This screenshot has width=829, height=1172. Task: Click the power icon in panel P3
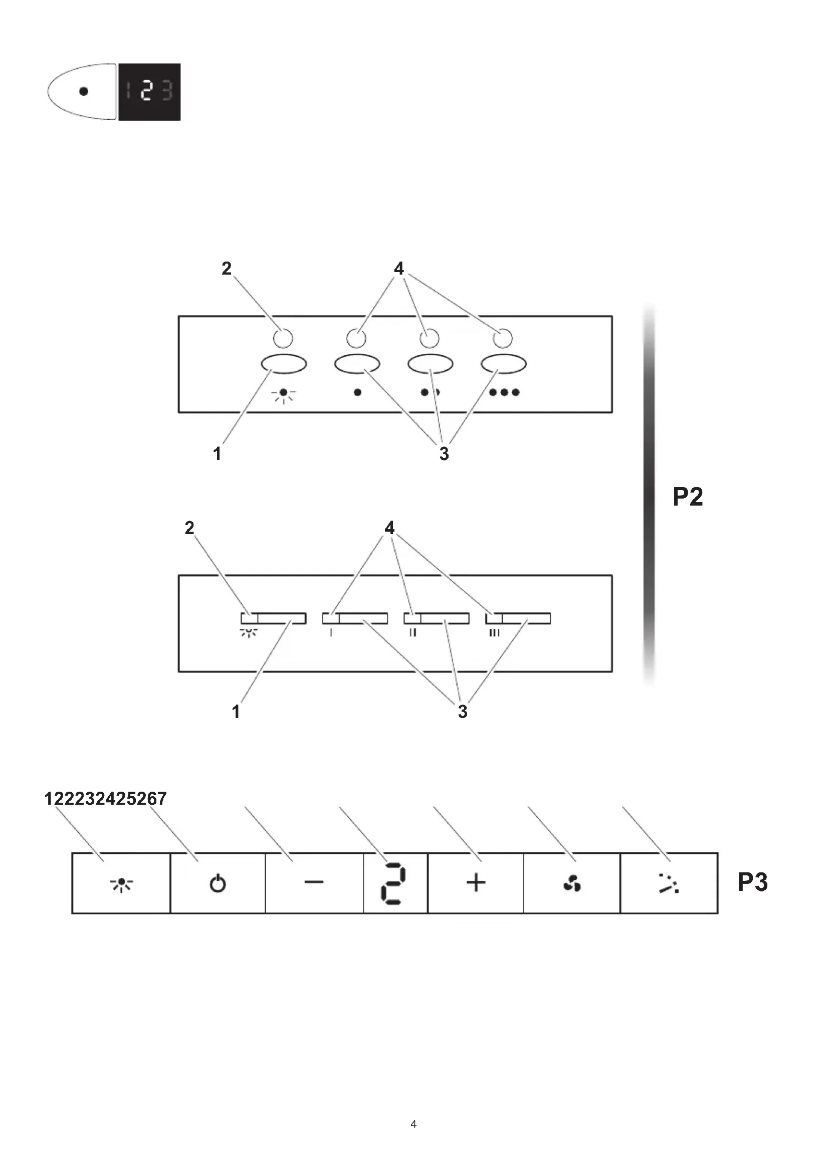tap(218, 883)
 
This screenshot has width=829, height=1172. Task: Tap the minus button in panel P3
tap(314, 882)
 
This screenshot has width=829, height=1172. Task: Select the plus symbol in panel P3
tap(476, 882)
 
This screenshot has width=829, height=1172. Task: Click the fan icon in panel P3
tap(572, 883)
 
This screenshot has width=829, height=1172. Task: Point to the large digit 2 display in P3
tap(393, 884)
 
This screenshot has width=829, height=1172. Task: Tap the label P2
tap(688, 497)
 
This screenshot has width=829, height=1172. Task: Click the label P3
tap(752, 882)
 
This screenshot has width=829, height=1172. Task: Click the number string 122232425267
tap(106, 798)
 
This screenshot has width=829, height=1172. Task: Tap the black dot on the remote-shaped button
tap(84, 91)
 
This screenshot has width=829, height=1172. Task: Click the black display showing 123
tap(149, 92)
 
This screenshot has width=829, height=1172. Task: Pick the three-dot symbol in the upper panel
tap(504, 392)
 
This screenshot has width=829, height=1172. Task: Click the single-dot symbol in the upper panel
tap(357, 392)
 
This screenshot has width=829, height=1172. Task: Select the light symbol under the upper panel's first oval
tap(283, 394)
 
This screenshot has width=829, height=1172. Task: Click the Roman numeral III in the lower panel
tap(494, 633)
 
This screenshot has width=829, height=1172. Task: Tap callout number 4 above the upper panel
tap(398, 268)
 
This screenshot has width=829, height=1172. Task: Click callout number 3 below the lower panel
tap(463, 712)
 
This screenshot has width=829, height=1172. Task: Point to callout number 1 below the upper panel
tap(218, 453)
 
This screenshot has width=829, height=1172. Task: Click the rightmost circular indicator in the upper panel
tap(503, 338)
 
